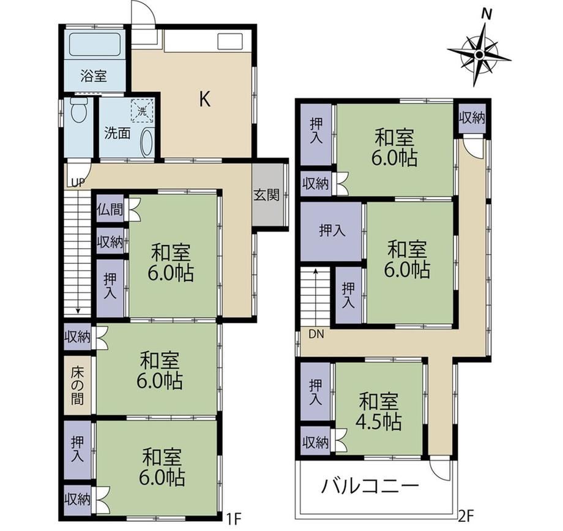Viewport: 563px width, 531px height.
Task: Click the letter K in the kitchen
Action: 204,99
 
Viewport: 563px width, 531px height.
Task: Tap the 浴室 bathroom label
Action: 94,76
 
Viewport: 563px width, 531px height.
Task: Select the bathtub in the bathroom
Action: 94,44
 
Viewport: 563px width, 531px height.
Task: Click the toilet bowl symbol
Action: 79,110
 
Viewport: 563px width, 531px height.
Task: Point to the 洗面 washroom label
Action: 117,134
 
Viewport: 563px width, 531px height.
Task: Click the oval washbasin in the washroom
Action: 147,142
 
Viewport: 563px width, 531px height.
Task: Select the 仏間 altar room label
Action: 110,209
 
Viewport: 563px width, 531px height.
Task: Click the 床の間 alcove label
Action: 77,385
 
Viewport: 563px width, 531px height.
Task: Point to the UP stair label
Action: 78,184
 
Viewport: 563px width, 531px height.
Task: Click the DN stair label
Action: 316,334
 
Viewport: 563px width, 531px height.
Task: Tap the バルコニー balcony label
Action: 370,486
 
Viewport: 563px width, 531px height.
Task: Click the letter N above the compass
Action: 487,14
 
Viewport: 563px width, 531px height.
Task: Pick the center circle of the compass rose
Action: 479,55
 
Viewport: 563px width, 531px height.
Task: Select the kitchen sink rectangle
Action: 230,40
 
